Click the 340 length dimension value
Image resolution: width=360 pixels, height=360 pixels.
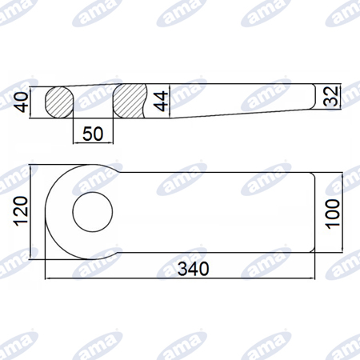tap(194, 269)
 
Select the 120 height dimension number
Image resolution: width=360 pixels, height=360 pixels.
tap(22, 211)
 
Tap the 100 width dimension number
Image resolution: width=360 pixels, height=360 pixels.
tap(333, 214)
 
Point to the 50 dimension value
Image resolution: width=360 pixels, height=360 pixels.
tap(93, 134)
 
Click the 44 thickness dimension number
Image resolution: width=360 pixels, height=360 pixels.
tap(161, 101)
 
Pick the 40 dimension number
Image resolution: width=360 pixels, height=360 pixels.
tap(22, 102)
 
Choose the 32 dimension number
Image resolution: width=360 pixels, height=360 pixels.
tap(331, 97)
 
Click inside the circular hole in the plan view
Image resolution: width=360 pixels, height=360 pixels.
tap(93, 212)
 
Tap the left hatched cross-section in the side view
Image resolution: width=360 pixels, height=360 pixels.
tap(59, 102)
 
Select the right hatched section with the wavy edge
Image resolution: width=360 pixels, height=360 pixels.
tap(130, 101)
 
